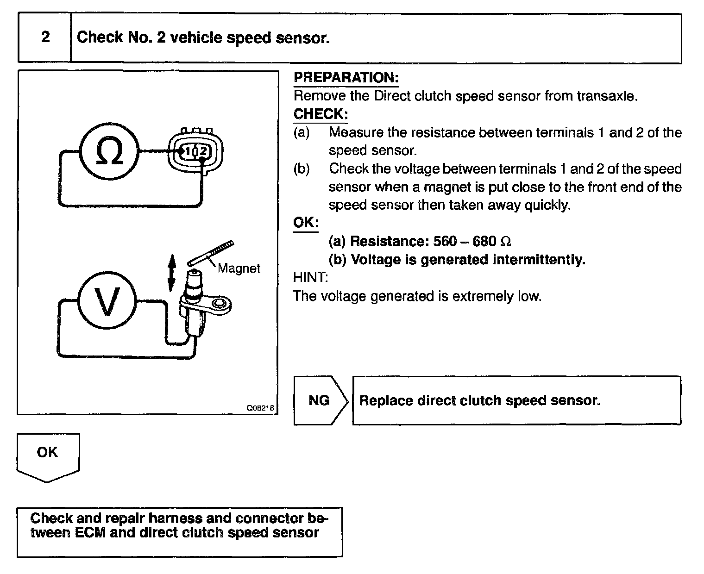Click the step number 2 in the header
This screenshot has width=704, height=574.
pos(45,37)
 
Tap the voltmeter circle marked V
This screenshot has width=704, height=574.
pos(107,301)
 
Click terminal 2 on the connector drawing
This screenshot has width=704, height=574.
pos(204,151)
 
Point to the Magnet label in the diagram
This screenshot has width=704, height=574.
pos(239,268)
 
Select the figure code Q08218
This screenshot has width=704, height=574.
pos(260,408)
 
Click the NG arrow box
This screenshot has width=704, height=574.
pos(320,400)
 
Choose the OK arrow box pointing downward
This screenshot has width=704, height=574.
pos(48,456)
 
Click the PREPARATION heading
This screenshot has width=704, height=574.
pos(346,77)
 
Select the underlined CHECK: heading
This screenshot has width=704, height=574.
pos(321,114)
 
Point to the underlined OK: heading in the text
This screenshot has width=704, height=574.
pos(306,223)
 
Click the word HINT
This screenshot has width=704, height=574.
pos(310,278)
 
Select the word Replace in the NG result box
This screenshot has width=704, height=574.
pos(386,400)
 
